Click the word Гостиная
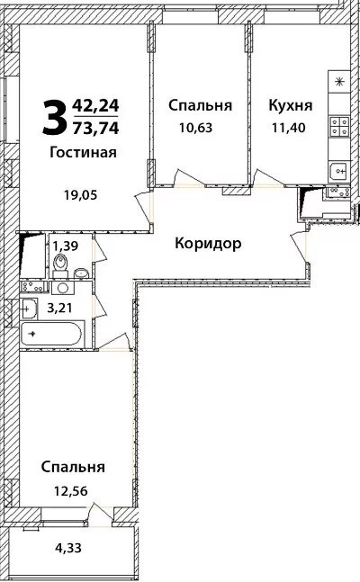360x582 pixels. pyautogui.click(x=83, y=151)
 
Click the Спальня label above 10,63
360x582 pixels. pyautogui.click(x=200, y=105)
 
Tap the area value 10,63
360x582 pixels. pyautogui.click(x=200, y=128)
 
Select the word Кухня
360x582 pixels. pyautogui.click(x=290, y=105)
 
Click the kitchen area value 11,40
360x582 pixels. pyautogui.click(x=290, y=128)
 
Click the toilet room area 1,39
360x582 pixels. pyautogui.click(x=62, y=245)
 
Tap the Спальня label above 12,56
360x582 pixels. pyautogui.click(x=74, y=467)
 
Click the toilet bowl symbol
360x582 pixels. pyautogui.click(x=59, y=264)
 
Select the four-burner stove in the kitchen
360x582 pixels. pyautogui.click(x=340, y=128)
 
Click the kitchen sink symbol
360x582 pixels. pyautogui.click(x=339, y=168)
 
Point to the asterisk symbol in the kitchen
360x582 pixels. pyautogui.click(x=339, y=82)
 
